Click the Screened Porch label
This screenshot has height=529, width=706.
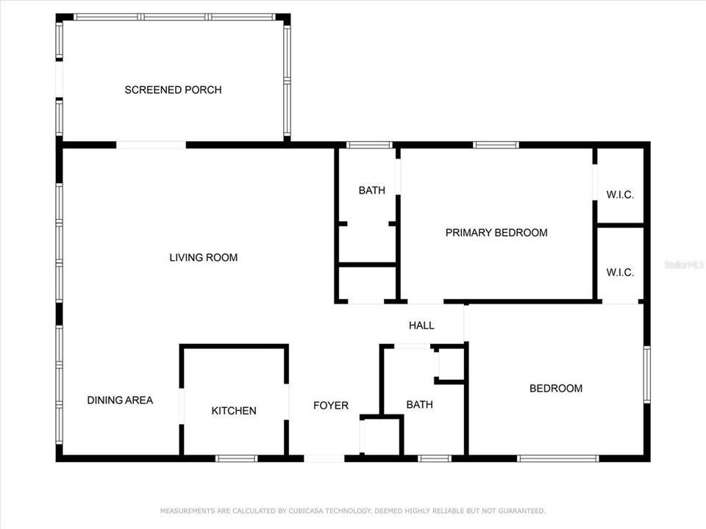coord(173,90)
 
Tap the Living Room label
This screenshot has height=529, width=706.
coord(203,257)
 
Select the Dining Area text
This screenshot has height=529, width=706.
coord(120,400)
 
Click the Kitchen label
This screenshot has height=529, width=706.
coord(234,411)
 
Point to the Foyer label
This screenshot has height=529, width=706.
coord(331,406)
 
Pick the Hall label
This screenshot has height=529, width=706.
coord(421,325)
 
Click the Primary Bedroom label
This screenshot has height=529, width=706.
coord(496,233)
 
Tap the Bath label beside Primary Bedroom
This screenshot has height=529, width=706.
coord(371,191)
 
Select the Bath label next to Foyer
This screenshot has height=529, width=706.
coord(419,404)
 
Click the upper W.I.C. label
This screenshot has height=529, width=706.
coord(620,195)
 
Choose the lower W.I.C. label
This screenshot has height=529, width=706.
coord(620,273)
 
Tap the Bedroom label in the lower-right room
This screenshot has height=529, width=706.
coord(556,389)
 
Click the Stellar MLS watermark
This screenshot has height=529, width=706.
coord(683,262)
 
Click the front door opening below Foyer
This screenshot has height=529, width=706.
coord(324,458)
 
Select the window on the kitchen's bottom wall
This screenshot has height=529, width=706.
coord(237,458)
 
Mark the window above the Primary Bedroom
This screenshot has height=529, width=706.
coord(496,145)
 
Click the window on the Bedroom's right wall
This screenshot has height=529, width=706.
coord(647,375)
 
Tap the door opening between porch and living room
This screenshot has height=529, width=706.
coord(151,145)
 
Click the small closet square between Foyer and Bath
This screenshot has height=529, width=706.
coord(382,436)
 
